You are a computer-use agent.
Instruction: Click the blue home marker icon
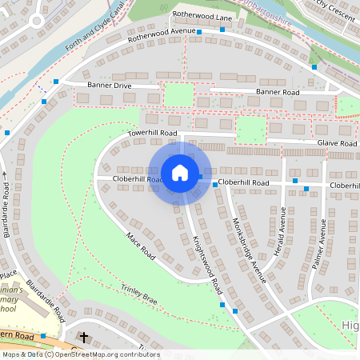click(x=180, y=173)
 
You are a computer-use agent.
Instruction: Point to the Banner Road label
click(x=278, y=93)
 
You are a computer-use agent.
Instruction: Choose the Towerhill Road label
click(x=152, y=133)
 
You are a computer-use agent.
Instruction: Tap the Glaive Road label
click(x=336, y=143)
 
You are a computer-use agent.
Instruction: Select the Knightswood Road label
click(x=206, y=263)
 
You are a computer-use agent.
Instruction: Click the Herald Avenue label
click(x=281, y=230)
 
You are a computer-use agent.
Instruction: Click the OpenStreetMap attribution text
click(x=81, y=354)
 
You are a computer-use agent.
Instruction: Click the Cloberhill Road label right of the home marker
click(x=244, y=183)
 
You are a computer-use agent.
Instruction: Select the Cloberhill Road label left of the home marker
click(x=138, y=180)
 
